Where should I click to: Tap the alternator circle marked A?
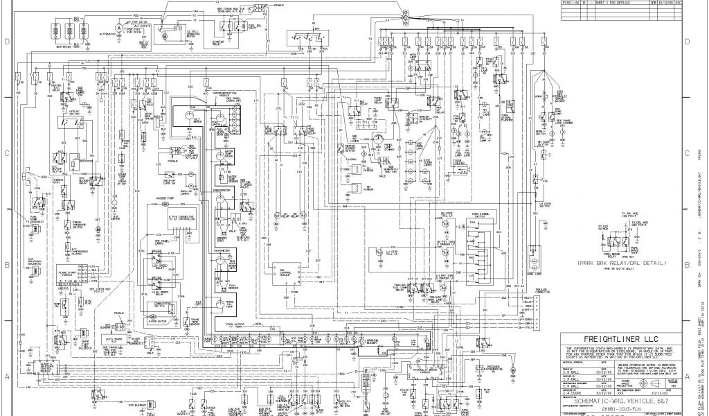[118, 27]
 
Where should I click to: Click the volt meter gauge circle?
[189, 118]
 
